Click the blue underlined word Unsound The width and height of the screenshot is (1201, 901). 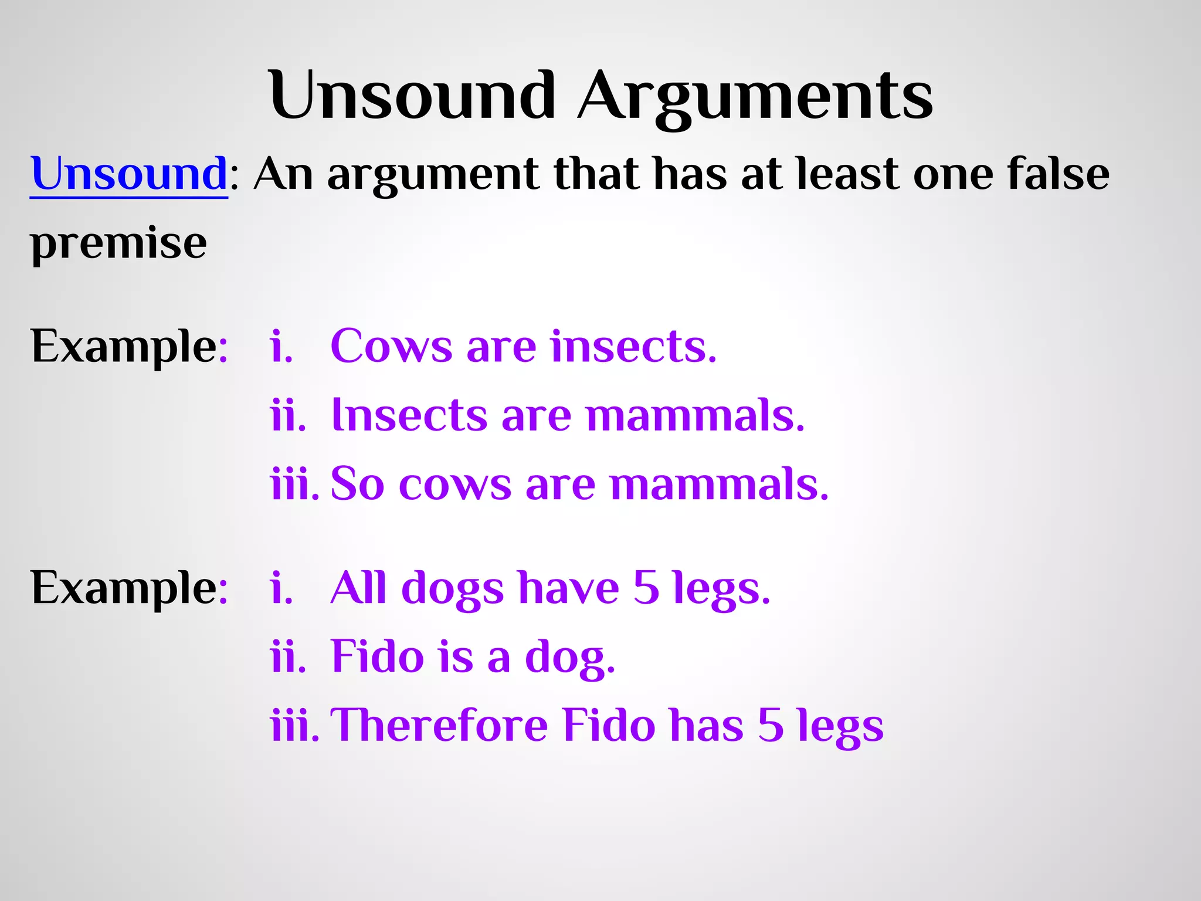click(129, 174)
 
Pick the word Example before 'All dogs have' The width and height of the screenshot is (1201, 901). click(123, 588)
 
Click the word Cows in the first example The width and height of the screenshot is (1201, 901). click(391, 346)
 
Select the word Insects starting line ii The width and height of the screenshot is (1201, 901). click(409, 415)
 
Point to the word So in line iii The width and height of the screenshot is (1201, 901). click(357, 485)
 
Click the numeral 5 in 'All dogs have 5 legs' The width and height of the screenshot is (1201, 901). click(646, 588)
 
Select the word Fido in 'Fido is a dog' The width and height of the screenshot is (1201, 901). click(377, 656)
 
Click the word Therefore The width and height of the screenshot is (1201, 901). click(439, 725)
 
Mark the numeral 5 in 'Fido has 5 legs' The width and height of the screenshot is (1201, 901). click(770, 725)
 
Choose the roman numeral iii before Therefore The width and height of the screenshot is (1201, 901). click(294, 725)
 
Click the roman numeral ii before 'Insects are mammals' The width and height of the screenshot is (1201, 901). click(288, 415)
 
